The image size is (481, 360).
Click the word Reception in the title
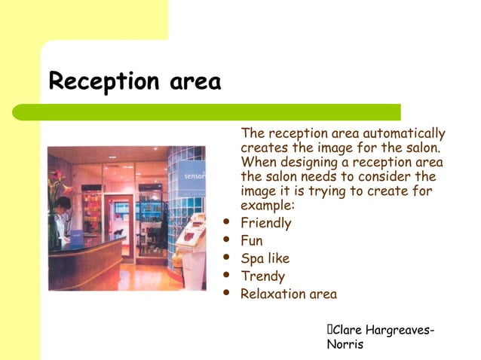coord(101,81)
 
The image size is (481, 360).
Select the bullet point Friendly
coord(265,223)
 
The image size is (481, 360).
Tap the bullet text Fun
coord(251,241)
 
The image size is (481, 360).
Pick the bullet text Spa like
coord(265,258)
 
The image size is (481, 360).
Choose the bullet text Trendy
coord(262,276)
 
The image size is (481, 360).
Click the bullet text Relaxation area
coord(288,294)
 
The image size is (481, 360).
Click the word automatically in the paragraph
coord(405,133)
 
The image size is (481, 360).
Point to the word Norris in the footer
coord(345,344)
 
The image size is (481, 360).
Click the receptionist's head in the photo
coord(64,203)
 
